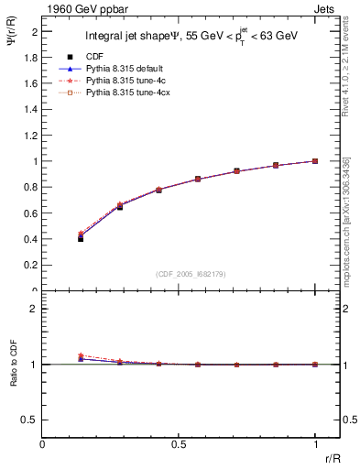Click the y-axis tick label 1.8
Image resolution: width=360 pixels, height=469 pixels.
(x=32, y=57)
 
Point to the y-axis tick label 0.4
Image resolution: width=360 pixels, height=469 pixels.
(x=32, y=239)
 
